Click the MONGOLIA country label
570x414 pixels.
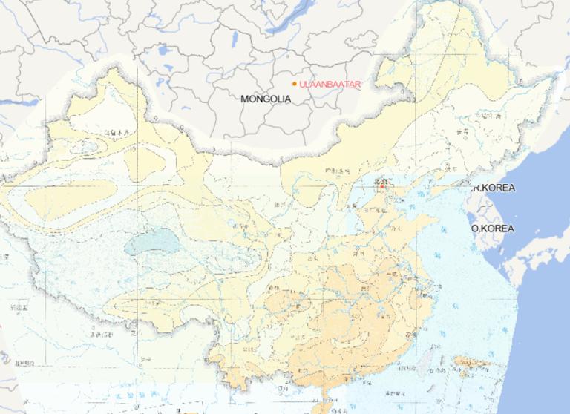pos(266,98)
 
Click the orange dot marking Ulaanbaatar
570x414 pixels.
pos(295,84)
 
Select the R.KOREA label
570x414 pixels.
pos(494,188)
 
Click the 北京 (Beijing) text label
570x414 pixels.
pos(380,180)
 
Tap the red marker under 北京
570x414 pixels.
pos(381,188)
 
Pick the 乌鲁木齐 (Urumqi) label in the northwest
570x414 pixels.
pos(117,133)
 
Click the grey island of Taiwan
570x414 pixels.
pos(426,363)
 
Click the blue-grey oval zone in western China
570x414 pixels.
pos(152,243)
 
